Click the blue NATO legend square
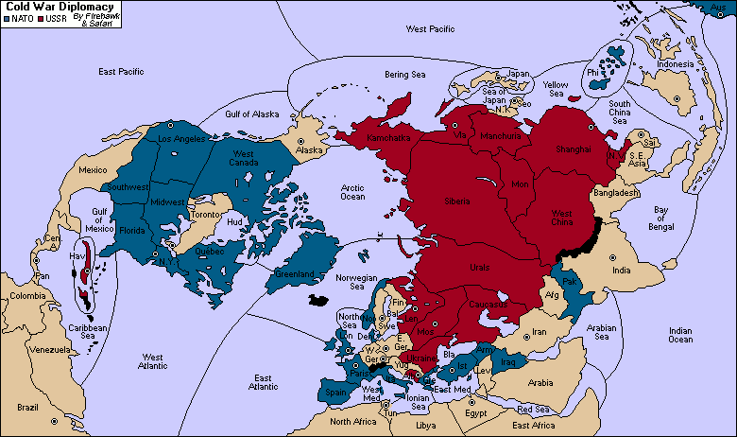6,18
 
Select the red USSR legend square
41,18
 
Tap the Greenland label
295,274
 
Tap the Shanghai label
573,149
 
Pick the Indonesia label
676,63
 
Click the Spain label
335,391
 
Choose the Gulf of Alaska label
252,114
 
